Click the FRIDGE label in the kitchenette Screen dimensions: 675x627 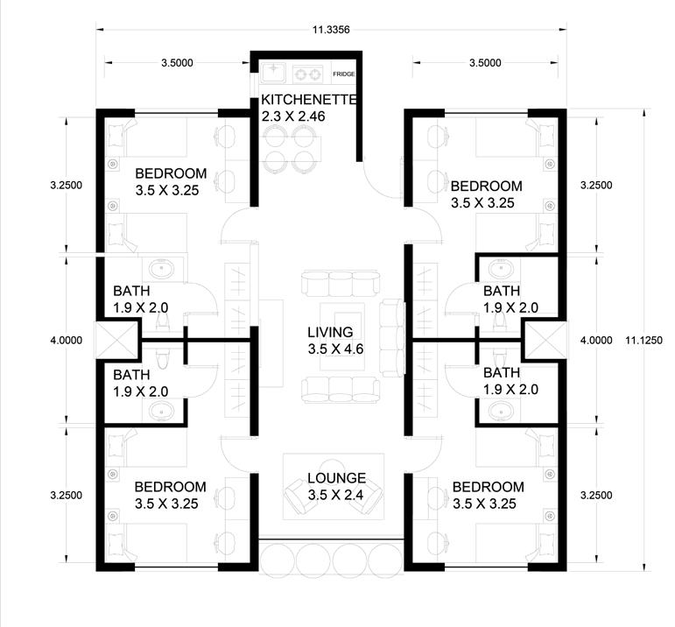pos(343,74)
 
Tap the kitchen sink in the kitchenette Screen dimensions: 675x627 pos(273,73)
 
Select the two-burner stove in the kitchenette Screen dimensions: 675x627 pos(308,74)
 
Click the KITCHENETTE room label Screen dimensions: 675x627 pos(309,100)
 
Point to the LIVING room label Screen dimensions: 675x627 pos(330,333)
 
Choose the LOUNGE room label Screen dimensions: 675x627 pos(337,478)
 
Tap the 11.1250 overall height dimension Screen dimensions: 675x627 pos(643,340)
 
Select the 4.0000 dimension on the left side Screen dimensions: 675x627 pos(67,340)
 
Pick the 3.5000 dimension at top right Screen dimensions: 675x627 pos(485,63)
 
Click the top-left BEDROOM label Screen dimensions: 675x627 pos(171,173)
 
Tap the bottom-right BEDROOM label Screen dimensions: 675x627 pos(489,487)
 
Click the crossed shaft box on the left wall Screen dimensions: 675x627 pos(116,340)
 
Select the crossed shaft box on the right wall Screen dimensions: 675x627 pos(545,340)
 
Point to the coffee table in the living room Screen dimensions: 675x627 pos(342,336)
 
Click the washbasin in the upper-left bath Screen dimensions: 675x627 pos(161,269)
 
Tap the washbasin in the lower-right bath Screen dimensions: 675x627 pos(501,411)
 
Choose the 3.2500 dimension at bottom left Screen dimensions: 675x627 pos(67,496)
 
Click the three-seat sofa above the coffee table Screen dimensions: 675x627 pos(341,284)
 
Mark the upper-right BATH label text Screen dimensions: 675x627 pos(502,291)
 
